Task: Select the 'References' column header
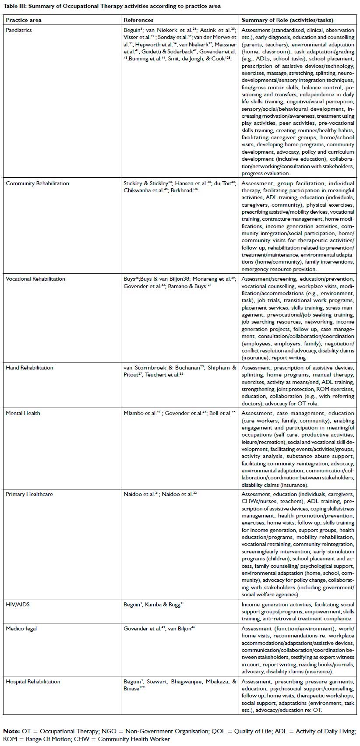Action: click(138, 20)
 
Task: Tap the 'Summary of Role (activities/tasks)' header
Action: click(287, 20)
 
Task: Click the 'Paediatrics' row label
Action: click(19, 30)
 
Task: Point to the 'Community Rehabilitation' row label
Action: click(37, 183)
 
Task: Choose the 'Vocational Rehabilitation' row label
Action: click(35, 279)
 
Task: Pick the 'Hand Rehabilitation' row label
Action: click(29, 368)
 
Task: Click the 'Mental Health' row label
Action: click(23, 413)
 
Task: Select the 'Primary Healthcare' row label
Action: click(29, 494)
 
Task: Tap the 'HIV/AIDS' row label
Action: click(18, 605)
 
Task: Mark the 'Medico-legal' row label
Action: click(21, 629)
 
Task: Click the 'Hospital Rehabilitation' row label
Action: click(33, 682)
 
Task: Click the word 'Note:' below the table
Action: click(11, 732)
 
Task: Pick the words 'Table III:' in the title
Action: click(15, 6)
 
